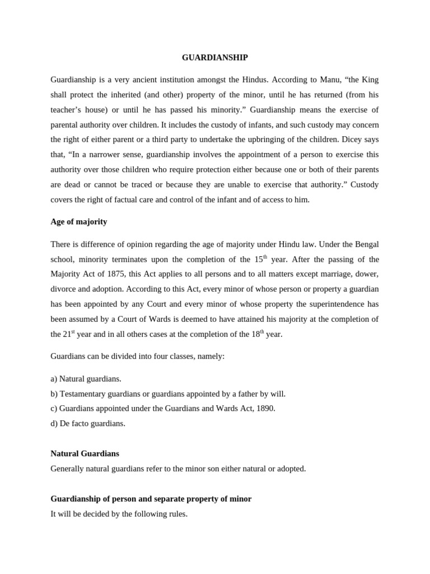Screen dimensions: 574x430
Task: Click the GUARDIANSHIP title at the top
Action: [x=215, y=58]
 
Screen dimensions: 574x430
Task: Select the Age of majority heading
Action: [x=78, y=221]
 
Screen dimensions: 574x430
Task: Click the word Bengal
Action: [x=365, y=244]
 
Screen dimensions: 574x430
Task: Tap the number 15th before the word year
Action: [x=258, y=260]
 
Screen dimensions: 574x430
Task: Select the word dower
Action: [x=363, y=275]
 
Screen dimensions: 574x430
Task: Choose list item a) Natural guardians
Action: [x=86, y=379]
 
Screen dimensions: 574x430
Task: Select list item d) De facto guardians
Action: [x=88, y=423]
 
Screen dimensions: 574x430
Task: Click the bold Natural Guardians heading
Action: [x=85, y=453]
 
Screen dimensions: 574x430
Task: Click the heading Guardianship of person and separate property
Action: [x=151, y=498]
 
